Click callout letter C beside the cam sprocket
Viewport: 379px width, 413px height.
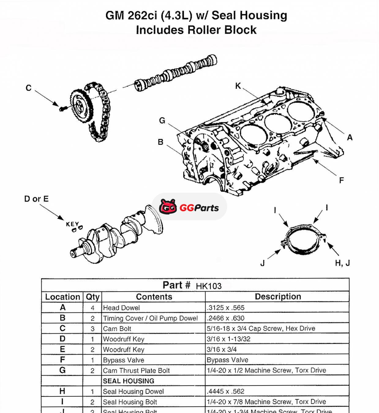28,88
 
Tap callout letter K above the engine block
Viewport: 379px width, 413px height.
238,86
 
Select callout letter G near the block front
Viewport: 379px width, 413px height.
162,121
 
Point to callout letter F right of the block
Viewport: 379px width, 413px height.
341,180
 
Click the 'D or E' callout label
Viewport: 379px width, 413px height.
36,199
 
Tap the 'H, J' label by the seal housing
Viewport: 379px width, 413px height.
342,263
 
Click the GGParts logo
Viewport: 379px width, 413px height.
189,207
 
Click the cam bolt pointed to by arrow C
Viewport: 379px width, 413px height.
62,108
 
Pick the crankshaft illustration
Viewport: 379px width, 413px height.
116,236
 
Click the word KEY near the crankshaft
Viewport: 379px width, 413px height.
73,224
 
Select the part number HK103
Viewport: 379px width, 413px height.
208,286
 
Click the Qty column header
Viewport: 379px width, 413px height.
92,297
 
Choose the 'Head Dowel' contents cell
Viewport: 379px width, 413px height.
122,308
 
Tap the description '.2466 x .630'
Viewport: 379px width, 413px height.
225,318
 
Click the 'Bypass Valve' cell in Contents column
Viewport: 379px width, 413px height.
124,360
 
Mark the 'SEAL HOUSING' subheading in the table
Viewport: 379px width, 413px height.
129,381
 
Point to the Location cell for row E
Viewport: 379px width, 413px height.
62,349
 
